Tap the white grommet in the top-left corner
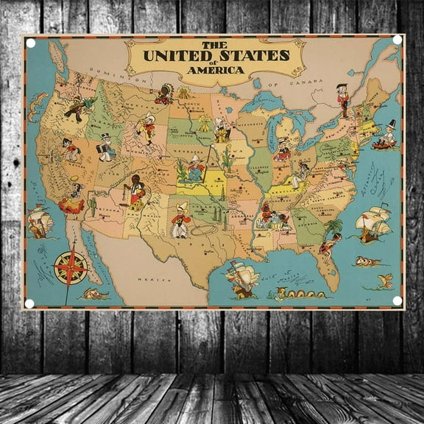point(31,43)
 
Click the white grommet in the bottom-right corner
point(397,300)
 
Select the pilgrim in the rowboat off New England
point(387,136)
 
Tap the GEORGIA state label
point(309,213)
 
